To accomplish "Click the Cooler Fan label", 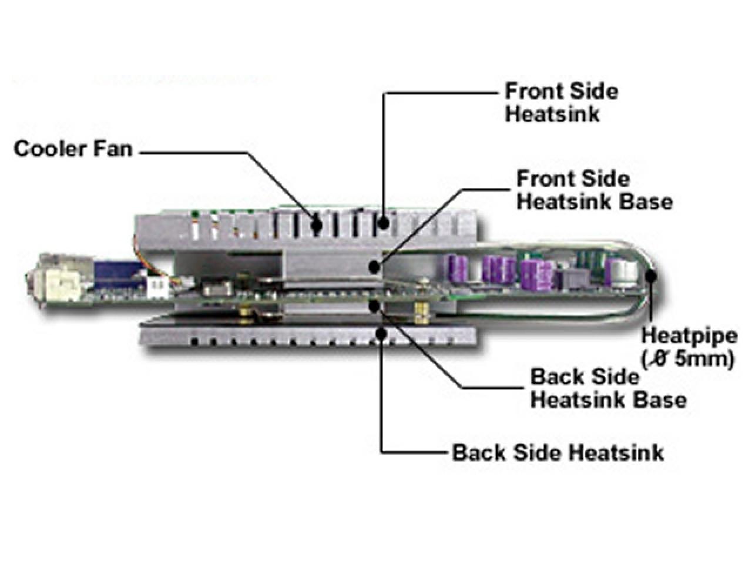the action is [x=73, y=149].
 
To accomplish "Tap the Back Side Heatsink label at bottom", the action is [x=558, y=453].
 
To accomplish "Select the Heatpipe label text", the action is [x=689, y=335].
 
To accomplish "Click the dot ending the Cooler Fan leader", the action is [x=317, y=225].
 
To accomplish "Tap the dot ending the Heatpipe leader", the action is [x=650, y=274].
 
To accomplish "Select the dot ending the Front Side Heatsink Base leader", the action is [x=376, y=266].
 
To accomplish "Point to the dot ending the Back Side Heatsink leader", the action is [x=381, y=331].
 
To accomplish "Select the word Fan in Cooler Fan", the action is [x=113, y=149].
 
